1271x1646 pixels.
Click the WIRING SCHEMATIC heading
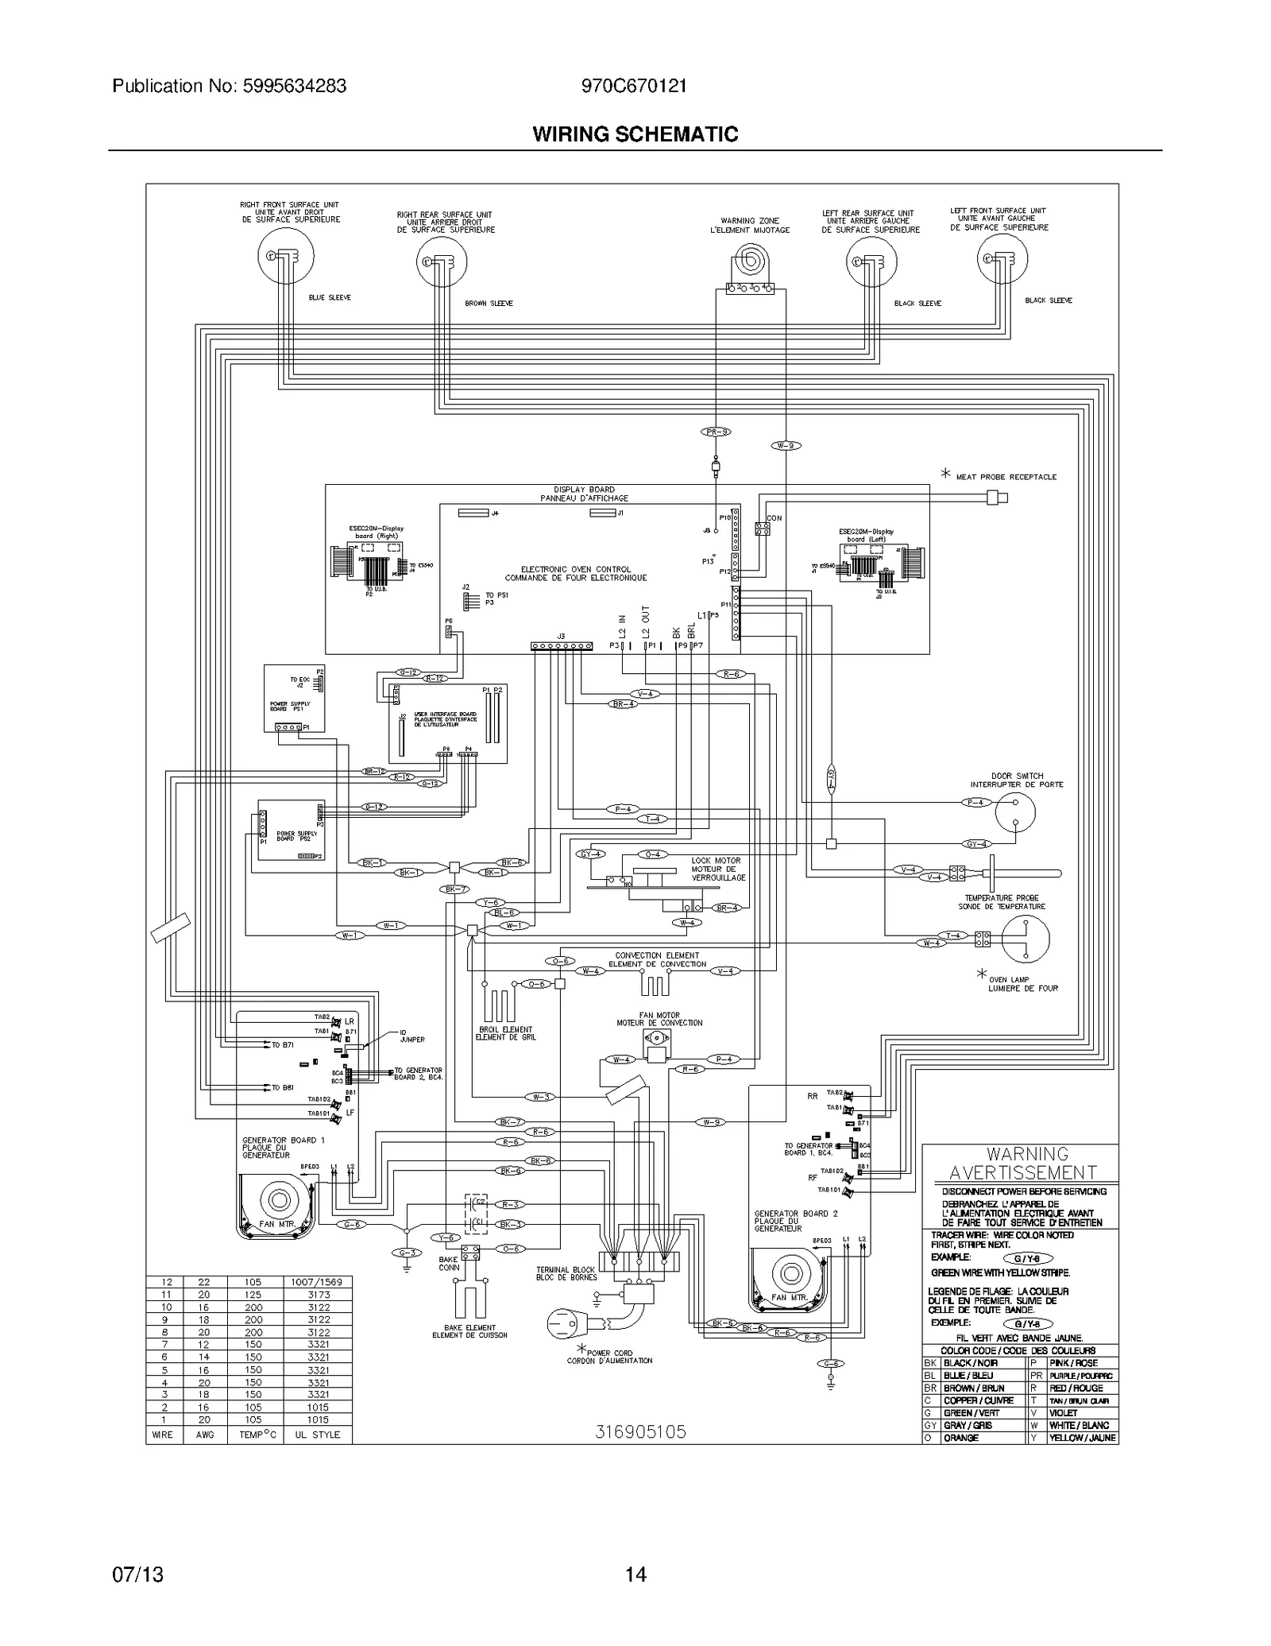point(635,134)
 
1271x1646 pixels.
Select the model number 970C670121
point(634,86)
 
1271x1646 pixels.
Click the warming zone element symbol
point(748,261)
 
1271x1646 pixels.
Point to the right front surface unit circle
point(286,255)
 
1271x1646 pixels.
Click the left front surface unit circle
point(1002,258)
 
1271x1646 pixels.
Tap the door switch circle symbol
point(1014,811)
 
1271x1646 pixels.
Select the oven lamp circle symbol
point(1025,939)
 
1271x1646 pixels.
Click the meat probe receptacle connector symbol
point(996,498)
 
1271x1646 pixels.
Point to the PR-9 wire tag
point(716,432)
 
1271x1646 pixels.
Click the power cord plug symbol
point(567,1325)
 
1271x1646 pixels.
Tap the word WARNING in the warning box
point(1027,1154)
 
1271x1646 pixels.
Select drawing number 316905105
point(640,1432)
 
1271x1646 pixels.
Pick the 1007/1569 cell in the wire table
point(317,1283)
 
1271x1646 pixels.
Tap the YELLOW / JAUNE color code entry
point(1082,1439)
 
